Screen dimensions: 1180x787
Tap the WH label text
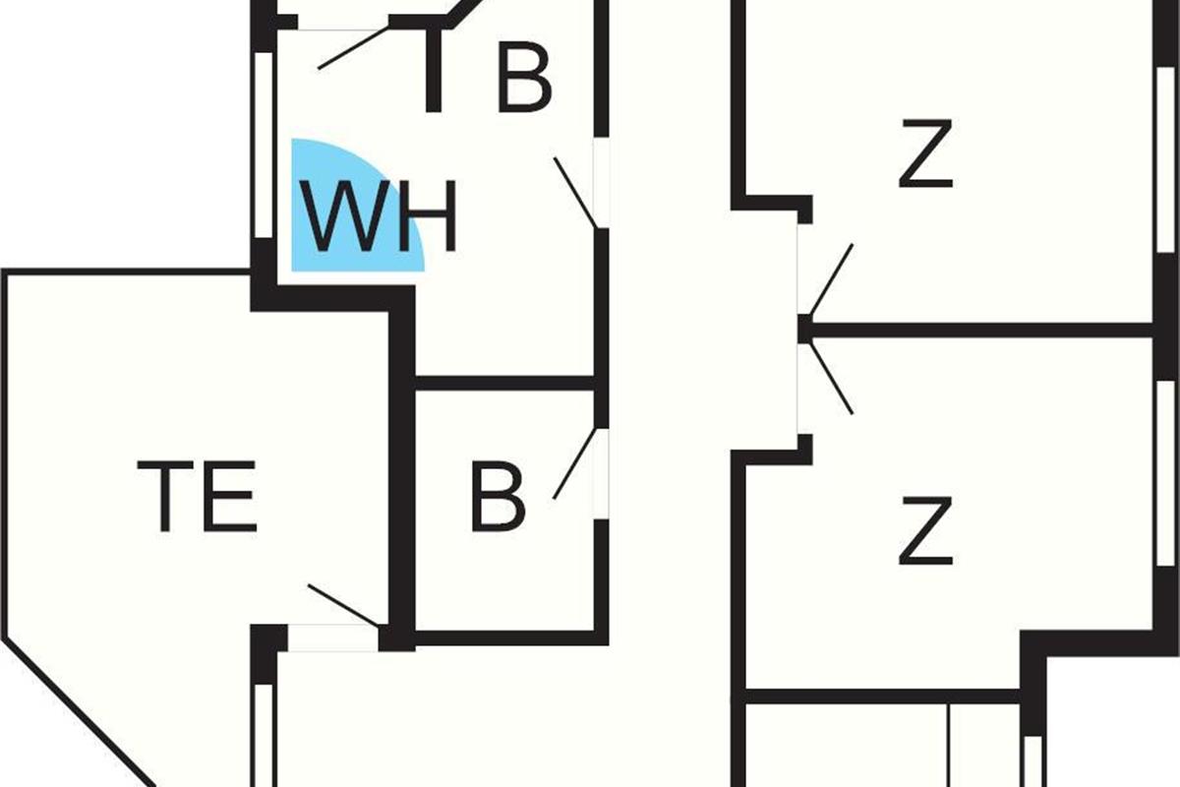[x=379, y=216]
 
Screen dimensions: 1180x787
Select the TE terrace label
[x=197, y=496]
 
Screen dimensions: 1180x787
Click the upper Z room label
[x=925, y=153]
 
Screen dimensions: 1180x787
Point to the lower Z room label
[x=925, y=530]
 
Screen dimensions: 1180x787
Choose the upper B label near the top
[x=525, y=78]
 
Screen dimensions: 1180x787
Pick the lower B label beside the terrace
[x=498, y=496]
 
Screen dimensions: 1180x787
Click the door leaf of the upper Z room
[x=832, y=280]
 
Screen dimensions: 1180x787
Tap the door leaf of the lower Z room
[x=832, y=378]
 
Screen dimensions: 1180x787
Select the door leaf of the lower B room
[x=574, y=463]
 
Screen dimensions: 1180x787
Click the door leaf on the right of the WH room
[x=575, y=193]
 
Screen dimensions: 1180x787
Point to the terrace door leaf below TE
[x=343, y=606]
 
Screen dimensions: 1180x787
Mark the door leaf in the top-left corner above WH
[x=354, y=47]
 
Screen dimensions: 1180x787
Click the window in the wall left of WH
[x=264, y=145]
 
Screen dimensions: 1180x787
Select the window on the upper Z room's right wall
[x=1166, y=159]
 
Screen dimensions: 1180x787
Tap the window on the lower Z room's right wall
[x=1166, y=473]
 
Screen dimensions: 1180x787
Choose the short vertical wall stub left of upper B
[x=434, y=70]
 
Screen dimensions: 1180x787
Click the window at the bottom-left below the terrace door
[x=264, y=735]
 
